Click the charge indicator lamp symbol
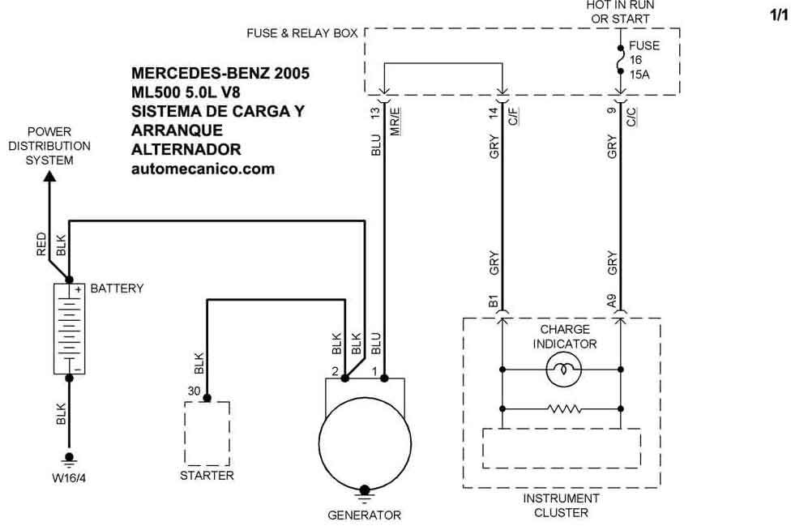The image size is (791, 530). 564,370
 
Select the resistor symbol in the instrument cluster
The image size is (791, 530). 565,409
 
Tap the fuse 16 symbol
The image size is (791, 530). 621,60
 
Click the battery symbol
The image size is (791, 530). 69,329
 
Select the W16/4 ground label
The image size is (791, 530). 69,477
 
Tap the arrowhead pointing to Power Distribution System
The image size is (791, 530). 49,176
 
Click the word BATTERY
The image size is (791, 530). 117,289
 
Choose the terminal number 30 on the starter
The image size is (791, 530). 195,391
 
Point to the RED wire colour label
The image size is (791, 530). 41,244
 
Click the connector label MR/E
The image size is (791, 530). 395,122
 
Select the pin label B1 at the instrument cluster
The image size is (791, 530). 494,301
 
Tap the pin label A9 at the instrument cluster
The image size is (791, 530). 612,301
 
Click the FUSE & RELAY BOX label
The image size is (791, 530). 301,33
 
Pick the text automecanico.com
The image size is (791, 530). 203,169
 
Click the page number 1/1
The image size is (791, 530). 780,15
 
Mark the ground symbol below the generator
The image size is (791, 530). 364,494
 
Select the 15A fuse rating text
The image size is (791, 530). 639,75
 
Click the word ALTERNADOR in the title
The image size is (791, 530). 186,149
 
